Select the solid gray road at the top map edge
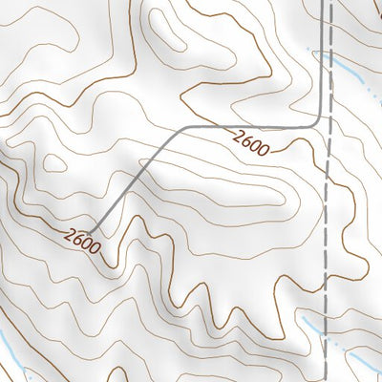322,4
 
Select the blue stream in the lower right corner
358,358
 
